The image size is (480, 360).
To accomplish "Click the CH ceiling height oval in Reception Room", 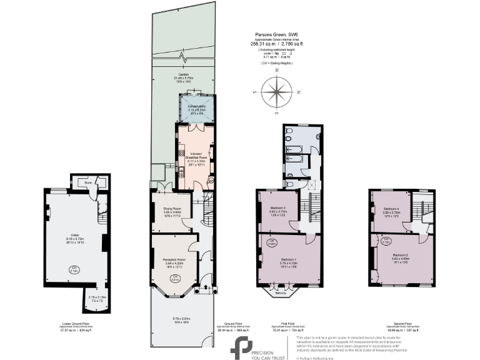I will [x=176, y=277].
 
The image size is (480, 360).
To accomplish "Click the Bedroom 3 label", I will [x=277, y=211].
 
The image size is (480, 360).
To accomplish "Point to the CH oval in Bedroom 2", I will [x=386, y=239].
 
